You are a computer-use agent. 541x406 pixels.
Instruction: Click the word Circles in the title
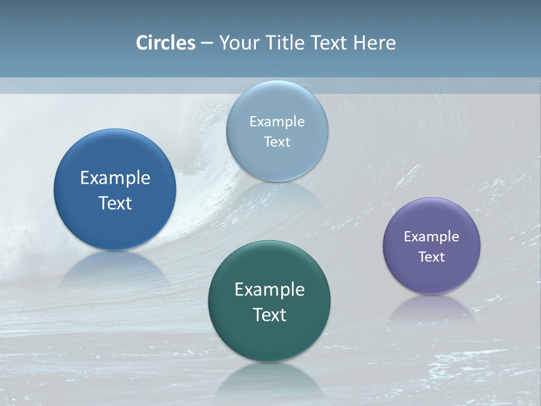tap(166, 43)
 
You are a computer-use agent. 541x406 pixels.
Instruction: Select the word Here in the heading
tap(374, 43)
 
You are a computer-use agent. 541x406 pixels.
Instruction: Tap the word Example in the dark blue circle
tap(115, 178)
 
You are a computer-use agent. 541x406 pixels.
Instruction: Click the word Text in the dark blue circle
tap(115, 203)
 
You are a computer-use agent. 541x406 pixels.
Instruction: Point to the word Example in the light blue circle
tap(277, 121)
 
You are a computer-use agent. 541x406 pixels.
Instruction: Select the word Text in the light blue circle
tap(277, 142)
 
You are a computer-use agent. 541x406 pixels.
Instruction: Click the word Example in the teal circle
tap(269, 289)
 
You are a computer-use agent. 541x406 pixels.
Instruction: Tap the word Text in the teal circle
tap(269, 315)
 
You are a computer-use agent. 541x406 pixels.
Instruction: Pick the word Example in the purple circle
tap(432, 236)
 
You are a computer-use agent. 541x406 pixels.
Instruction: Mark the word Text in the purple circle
tap(432, 257)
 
